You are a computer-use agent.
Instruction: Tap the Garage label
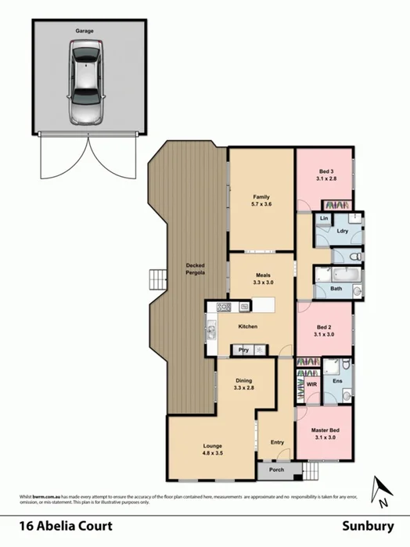[x=85, y=31]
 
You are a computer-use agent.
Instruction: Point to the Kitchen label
[x=247, y=326]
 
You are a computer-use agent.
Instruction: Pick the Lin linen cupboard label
[x=324, y=218]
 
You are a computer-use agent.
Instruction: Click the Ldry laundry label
[x=342, y=231]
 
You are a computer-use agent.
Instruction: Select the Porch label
[x=276, y=470]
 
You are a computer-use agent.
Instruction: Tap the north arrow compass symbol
[x=381, y=490]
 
